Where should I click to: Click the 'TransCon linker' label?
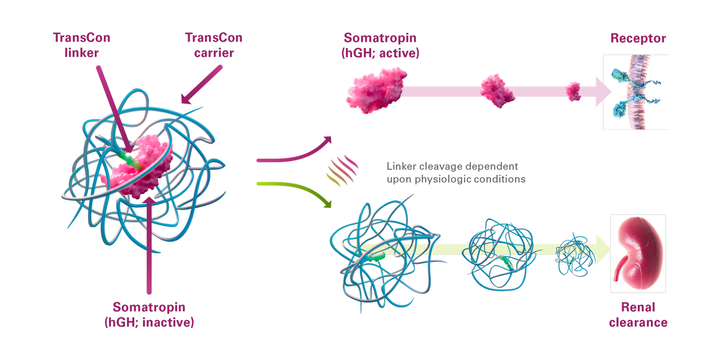click(x=81, y=45)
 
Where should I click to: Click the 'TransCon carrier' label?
click(x=214, y=45)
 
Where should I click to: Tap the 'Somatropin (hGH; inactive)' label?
click(x=149, y=314)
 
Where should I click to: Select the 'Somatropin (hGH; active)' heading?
click(x=380, y=45)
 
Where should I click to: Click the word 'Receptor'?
click(x=638, y=38)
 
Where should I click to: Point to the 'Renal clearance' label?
click(x=638, y=314)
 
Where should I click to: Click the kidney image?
click(x=638, y=254)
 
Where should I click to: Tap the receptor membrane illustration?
click(x=636, y=92)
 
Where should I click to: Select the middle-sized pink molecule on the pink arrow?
click(x=497, y=91)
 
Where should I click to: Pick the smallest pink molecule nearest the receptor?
click(x=573, y=91)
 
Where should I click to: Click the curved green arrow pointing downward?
click(x=297, y=189)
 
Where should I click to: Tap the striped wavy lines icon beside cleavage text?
click(x=342, y=170)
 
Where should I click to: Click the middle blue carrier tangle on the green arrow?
click(x=499, y=255)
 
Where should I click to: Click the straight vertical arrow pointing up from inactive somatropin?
click(x=149, y=244)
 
